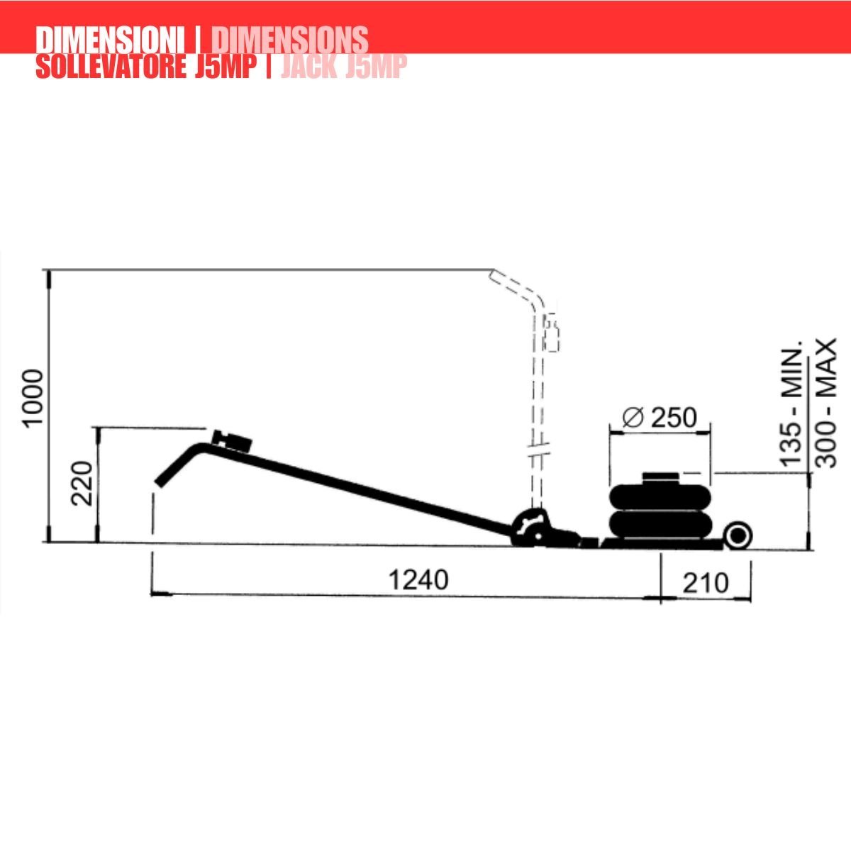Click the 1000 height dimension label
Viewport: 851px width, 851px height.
(x=33, y=397)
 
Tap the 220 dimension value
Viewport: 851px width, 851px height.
(x=82, y=483)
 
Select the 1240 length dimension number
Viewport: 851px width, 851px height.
(x=418, y=580)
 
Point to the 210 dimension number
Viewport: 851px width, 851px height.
(x=705, y=583)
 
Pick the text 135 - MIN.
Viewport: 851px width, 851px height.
(x=791, y=403)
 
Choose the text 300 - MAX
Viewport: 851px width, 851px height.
(x=825, y=403)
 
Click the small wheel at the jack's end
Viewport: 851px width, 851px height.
(x=738, y=535)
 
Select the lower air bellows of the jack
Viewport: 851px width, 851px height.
(x=660, y=525)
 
